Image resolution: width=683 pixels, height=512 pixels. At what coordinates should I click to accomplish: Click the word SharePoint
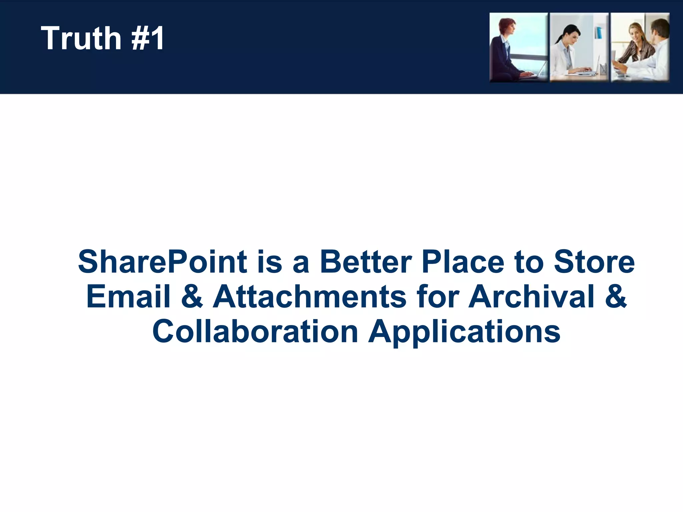tap(162, 262)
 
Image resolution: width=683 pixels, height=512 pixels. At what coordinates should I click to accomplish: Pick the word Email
tap(128, 296)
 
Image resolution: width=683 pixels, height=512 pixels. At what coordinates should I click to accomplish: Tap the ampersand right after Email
tap(192, 296)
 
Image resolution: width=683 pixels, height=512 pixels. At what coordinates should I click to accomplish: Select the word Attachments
tap(309, 296)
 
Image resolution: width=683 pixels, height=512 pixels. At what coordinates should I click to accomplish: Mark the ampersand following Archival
tap(616, 296)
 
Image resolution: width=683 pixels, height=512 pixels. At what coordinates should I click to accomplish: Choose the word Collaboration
tap(255, 332)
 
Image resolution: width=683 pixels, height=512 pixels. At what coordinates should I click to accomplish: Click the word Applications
tap(464, 332)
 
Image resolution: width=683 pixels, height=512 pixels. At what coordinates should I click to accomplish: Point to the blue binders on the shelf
tap(598, 33)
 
